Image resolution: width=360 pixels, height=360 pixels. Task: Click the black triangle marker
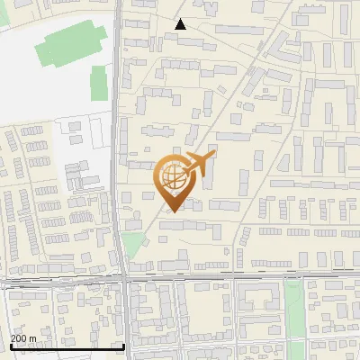click(181, 24)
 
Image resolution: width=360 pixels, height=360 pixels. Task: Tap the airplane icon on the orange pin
click(197, 164)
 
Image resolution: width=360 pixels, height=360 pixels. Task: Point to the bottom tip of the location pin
click(171, 211)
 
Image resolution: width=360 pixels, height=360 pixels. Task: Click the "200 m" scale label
click(23, 338)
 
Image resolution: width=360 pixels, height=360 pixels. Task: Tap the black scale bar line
click(67, 346)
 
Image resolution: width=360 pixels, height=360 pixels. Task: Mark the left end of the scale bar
click(11, 346)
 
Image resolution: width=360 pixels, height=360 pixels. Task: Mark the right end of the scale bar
click(123, 346)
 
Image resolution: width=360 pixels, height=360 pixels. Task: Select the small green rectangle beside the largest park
click(99, 83)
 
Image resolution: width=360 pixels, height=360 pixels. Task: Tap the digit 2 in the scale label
click(13, 338)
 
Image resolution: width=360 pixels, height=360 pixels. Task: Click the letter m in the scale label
click(32, 338)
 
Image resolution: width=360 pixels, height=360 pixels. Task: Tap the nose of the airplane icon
click(214, 156)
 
